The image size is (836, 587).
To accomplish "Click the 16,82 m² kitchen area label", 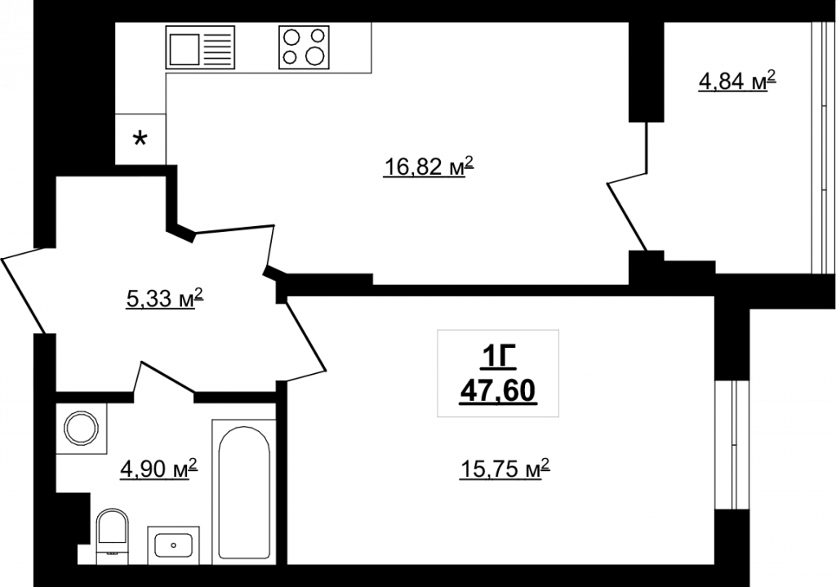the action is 429,167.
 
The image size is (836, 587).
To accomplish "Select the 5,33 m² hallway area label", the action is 165,298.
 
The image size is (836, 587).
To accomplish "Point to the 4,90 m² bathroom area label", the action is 159,469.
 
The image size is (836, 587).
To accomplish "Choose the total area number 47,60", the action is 498,392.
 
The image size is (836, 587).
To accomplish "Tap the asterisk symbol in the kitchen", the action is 140,140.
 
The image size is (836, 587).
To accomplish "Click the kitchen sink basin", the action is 185,48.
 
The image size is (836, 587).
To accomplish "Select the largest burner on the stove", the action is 314,56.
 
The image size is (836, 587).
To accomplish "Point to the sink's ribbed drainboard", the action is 219,48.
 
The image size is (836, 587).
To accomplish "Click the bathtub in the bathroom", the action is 243,491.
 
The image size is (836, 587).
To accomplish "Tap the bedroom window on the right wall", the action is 733,445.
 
